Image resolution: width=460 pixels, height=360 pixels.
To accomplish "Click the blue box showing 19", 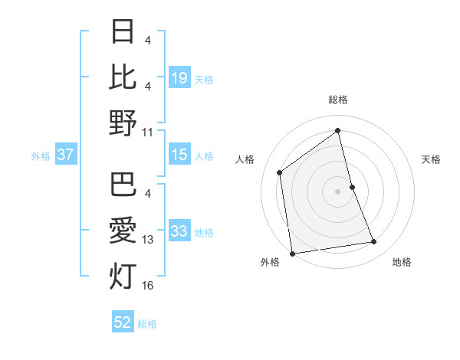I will (179, 77).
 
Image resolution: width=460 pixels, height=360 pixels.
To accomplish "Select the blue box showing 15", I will (179, 155).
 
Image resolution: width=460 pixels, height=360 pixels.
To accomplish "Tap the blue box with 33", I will (179, 231).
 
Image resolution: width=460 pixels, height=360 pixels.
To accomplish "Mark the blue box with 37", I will (65, 155).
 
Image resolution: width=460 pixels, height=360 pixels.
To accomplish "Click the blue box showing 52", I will (123, 323).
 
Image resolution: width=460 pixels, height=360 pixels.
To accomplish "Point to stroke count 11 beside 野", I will (148, 133).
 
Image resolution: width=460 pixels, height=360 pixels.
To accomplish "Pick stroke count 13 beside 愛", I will (148, 240).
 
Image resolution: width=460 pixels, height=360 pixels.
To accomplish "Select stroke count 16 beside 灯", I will (148, 286).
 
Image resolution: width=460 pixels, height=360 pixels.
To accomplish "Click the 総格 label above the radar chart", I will (338, 100).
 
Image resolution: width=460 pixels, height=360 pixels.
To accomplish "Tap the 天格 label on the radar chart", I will (432, 159).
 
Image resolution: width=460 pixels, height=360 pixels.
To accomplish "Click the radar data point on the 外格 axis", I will (292, 254).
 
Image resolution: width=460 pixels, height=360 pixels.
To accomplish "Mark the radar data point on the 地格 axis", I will (374, 242).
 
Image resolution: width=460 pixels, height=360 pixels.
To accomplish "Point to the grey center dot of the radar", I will (338, 191).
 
